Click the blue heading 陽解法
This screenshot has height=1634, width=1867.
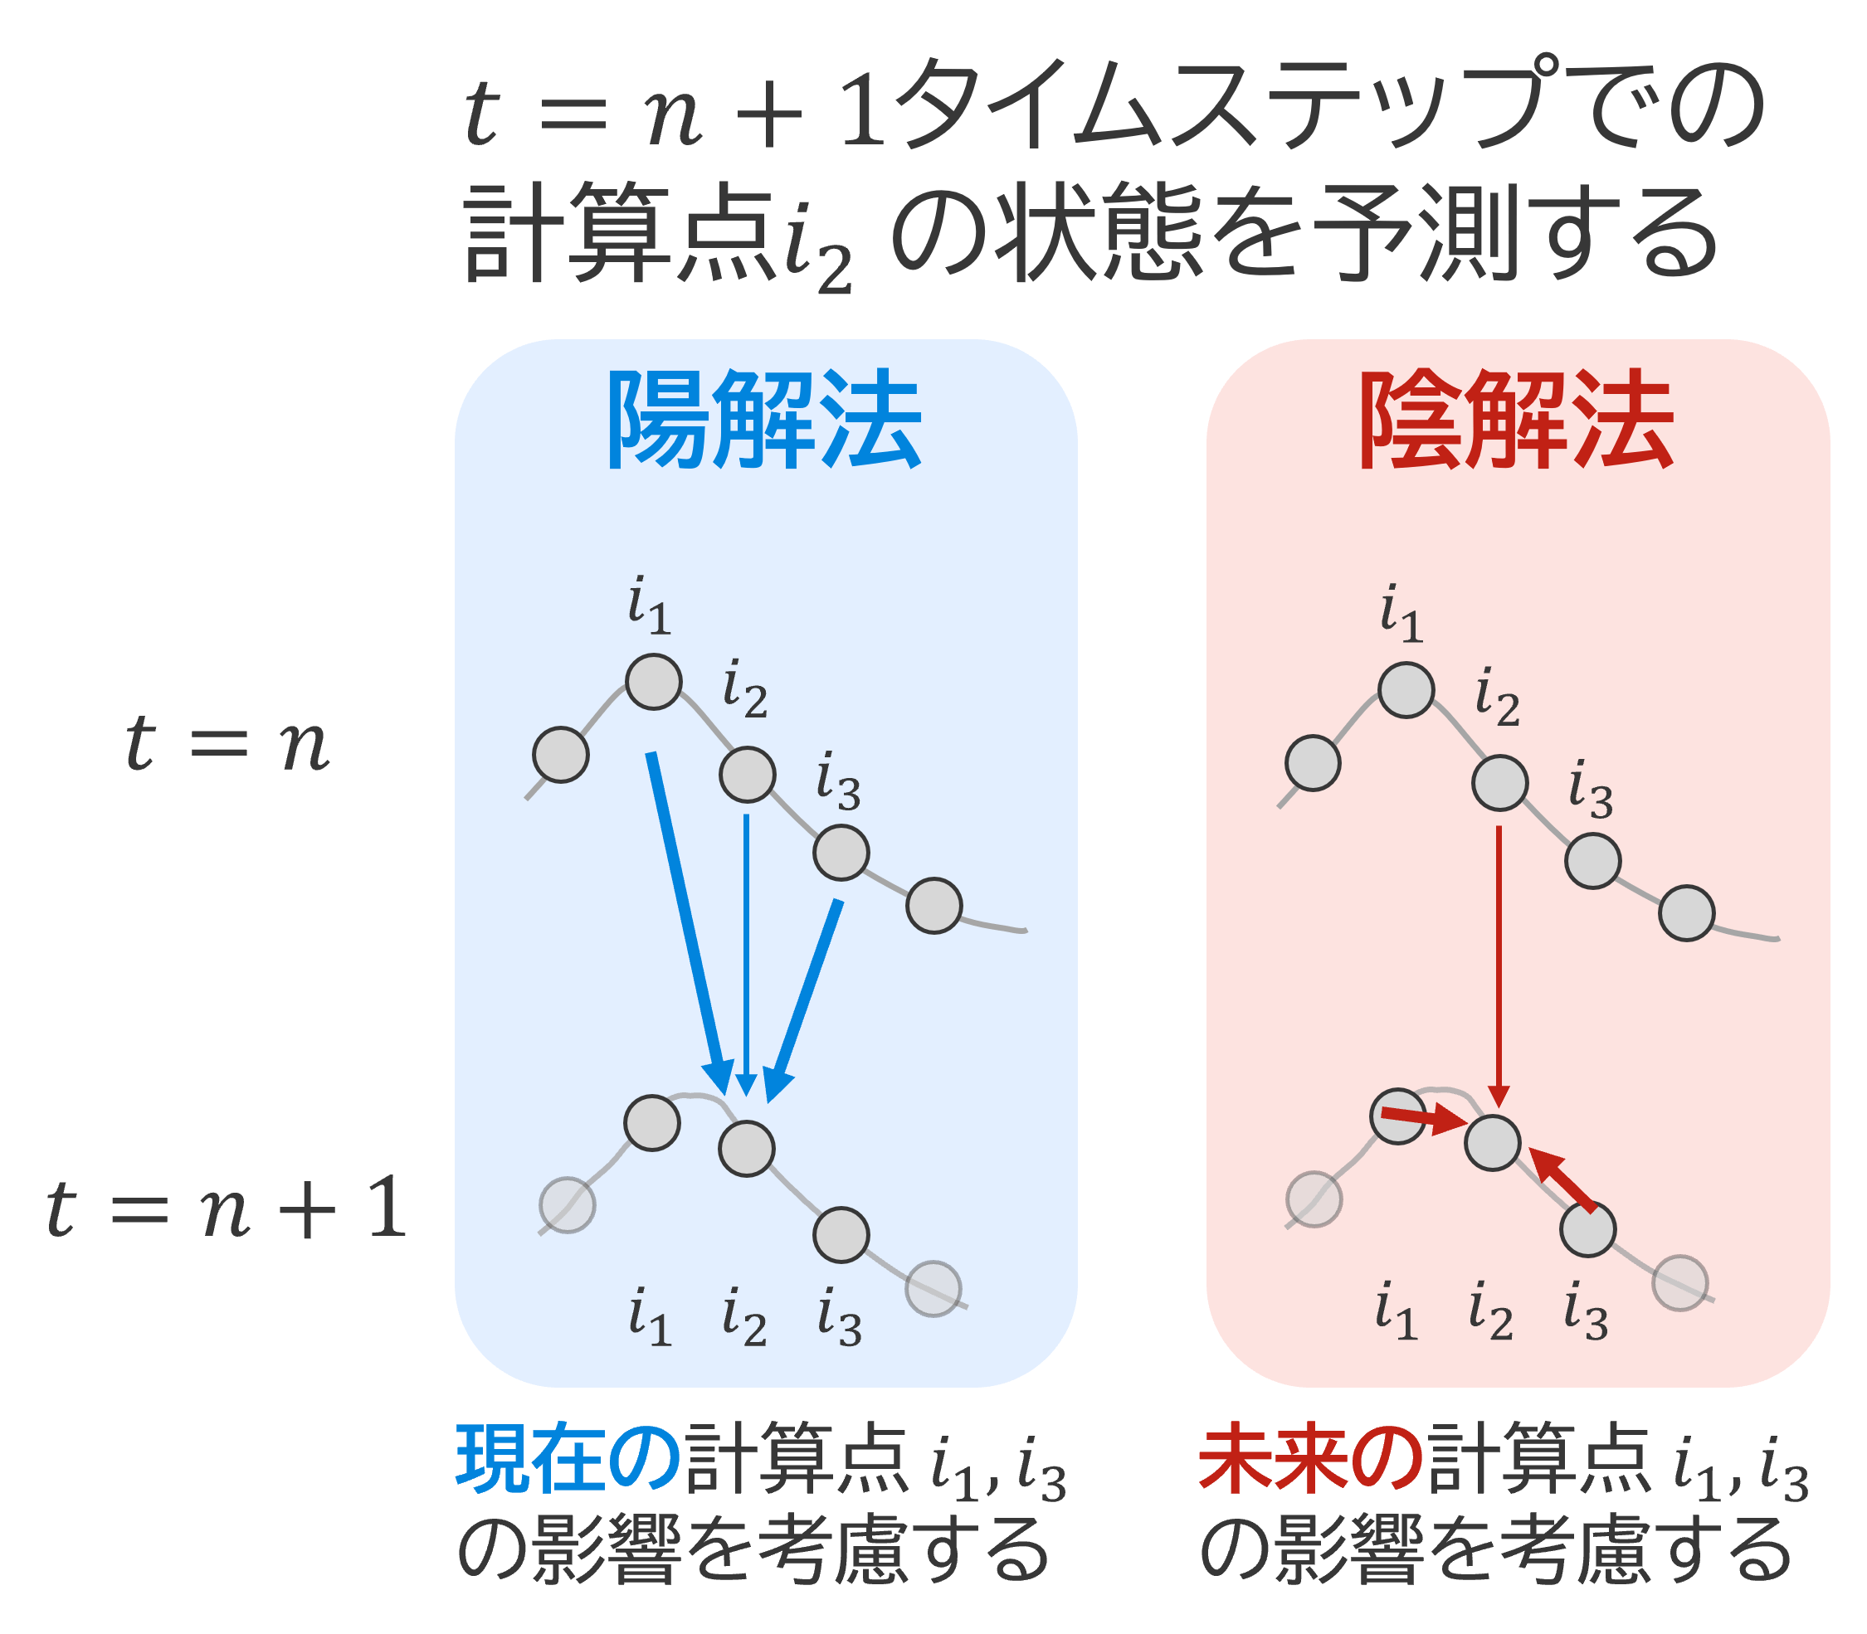[x=764, y=421]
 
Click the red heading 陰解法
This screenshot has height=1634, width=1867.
[x=1516, y=421]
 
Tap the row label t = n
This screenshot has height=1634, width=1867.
[x=227, y=743]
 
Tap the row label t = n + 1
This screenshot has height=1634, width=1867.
[x=227, y=1208]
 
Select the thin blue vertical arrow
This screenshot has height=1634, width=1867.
[x=746, y=955]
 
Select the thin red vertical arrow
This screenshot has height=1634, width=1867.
[x=1499, y=966]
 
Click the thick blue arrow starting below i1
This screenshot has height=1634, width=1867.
[x=690, y=923]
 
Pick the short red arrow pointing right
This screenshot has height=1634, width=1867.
[x=1424, y=1119]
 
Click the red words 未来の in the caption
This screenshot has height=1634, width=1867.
[x=1312, y=1460]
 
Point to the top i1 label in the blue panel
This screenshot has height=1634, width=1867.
[x=650, y=605]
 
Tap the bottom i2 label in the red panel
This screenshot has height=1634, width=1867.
[x=1491, y=1311]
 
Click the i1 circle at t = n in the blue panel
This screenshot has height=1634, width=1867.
[x=653, y=682]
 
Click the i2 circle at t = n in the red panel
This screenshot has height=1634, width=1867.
[x=1499, y=782]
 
